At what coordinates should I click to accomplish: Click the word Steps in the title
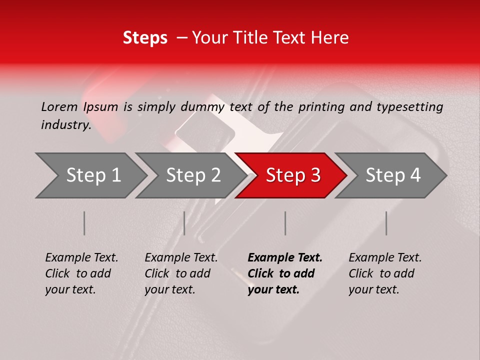click(145, 37)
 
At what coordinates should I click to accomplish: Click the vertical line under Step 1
click(84, 223)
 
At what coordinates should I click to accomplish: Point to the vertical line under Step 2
click(184, 223)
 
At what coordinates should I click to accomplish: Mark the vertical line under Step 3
click(285, 223)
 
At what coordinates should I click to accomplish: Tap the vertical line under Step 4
click(386, 223)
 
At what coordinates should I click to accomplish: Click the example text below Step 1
click(81, 273)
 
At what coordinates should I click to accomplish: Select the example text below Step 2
click(181, 273)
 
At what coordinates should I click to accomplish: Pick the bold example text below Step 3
click(284, 273)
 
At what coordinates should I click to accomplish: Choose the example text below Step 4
click(385, 273)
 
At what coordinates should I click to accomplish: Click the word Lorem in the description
click(59, 107)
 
